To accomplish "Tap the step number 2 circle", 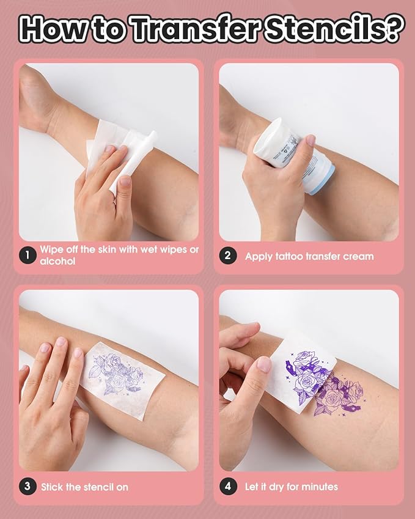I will pyautogui.click(x=228, y=256).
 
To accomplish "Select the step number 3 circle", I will pyautogui.click(x=26, y=487).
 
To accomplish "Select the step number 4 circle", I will pyautogui.click(x=228, y=487).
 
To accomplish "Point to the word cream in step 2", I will pyautogui.click(x=357, y=256).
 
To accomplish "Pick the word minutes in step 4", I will pyautogui.click(x=318, y=487).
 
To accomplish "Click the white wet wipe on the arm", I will pyautogui.click(x=122, y=153).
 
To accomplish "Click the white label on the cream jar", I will pyautogui.click(x=287, y=147).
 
